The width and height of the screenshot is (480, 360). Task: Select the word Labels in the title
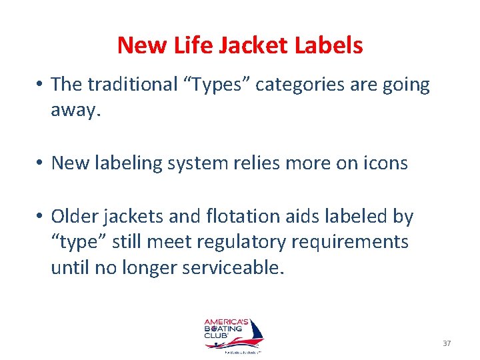click(x=329, y=45)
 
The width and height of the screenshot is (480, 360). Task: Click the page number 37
click(x=447, y=343)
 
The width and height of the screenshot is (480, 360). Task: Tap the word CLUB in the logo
click(x=217, y=335)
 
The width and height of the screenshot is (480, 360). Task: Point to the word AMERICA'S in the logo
click(x=225, y=319)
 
